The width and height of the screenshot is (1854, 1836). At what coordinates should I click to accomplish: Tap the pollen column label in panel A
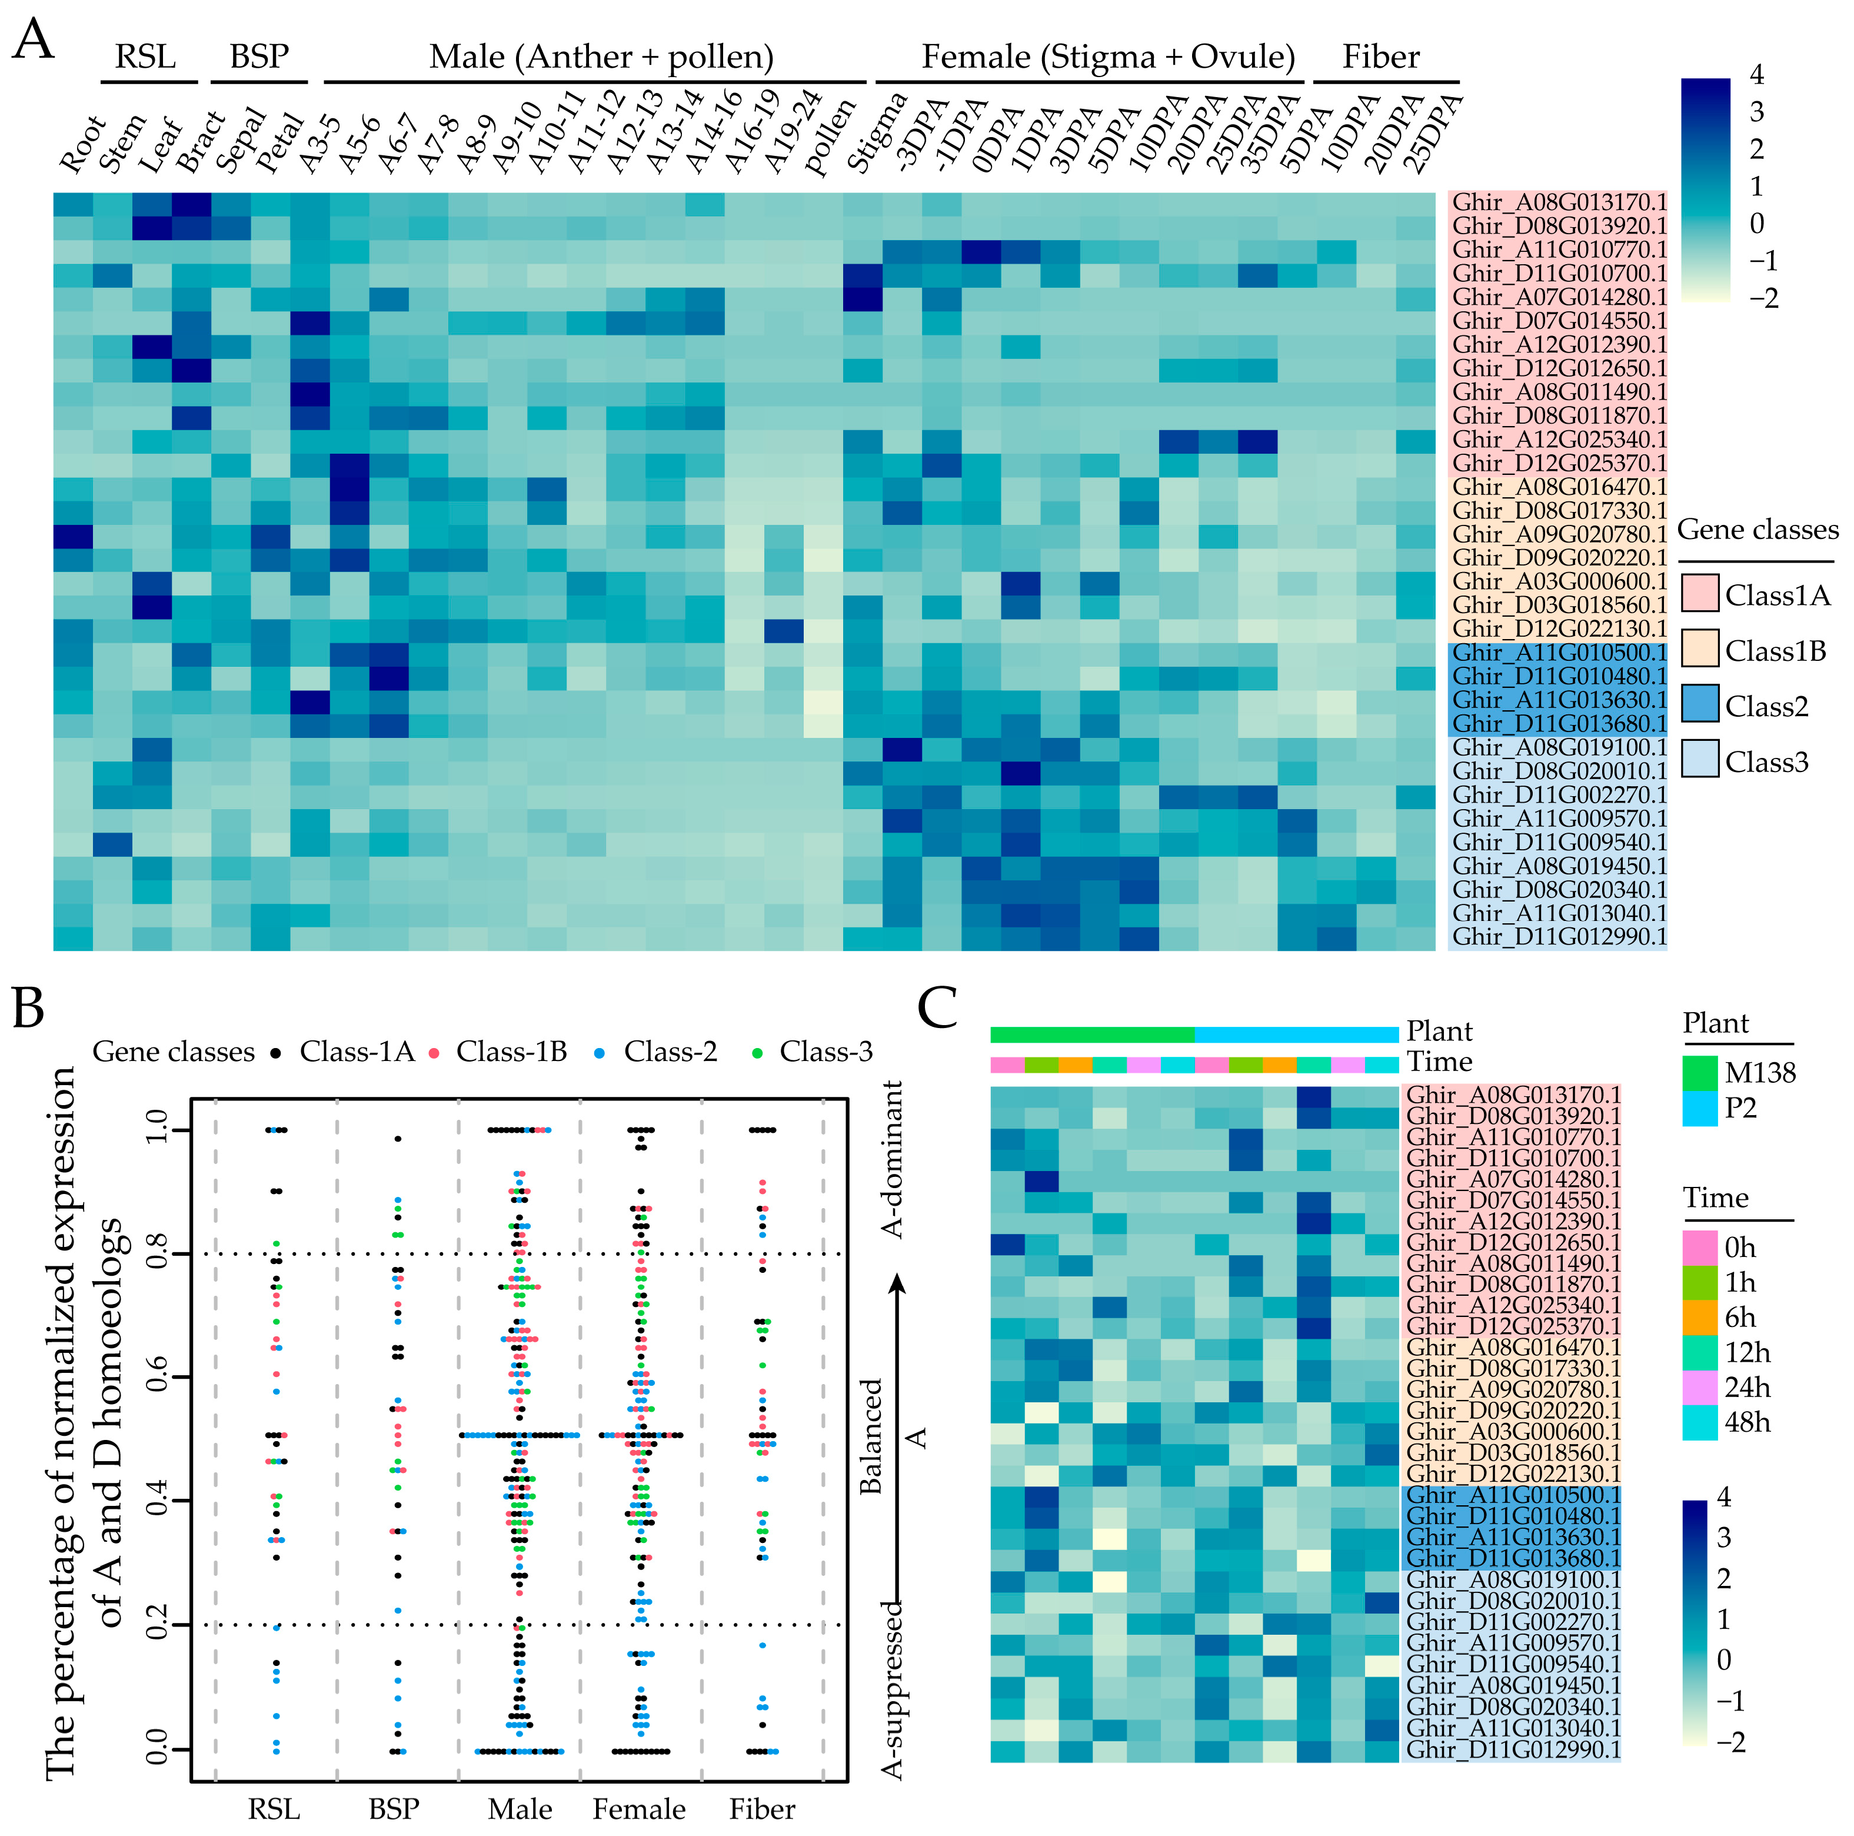point(829,137)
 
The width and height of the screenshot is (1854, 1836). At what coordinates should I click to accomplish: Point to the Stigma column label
point(876,134)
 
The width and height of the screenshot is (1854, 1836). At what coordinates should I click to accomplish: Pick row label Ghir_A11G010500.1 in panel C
point(1512,1495)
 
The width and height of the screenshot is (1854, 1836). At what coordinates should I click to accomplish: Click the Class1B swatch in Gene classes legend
point(1699,651)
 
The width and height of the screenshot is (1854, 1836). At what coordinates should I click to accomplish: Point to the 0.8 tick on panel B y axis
point(157,1253)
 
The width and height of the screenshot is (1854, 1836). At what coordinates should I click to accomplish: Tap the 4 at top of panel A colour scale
point(1756,75)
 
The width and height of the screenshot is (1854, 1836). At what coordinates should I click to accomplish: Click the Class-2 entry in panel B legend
point(670,1052)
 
